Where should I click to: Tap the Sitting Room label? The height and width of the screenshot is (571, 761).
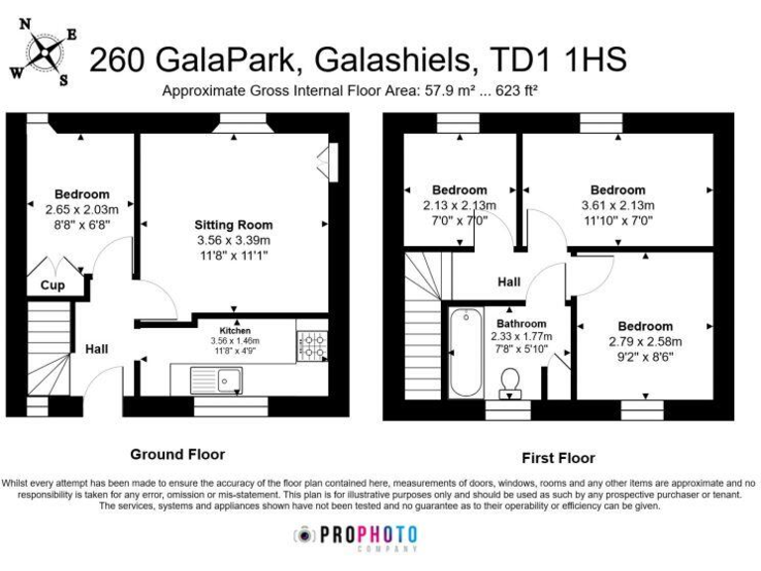click(x=233, y=225)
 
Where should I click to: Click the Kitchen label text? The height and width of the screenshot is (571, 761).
click(x=235, y=330)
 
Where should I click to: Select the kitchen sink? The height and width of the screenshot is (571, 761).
click(x=230, y=378)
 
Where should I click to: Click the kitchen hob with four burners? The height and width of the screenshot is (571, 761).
click(x=312, y=346)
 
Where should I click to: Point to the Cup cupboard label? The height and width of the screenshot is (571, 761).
click(x=52, y=285)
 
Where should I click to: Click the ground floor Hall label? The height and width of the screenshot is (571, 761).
click(x=96, y=349)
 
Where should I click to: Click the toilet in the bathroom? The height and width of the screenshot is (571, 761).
click(x=511, y=381)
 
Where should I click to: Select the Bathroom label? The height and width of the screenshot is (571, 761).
click(x=521, y=323)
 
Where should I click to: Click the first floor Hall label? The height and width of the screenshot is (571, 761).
click(x=509, y=283)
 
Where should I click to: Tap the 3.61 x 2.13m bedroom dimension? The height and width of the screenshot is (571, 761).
click(x=617, y=205)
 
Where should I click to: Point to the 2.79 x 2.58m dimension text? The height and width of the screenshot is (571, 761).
click(x=645, y=341)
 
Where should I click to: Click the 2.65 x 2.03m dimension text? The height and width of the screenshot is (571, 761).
click(x=81, y=209)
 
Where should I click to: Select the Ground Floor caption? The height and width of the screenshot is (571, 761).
click(x=179, y=454)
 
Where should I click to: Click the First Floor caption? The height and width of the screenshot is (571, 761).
click(x=558, y=458)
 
